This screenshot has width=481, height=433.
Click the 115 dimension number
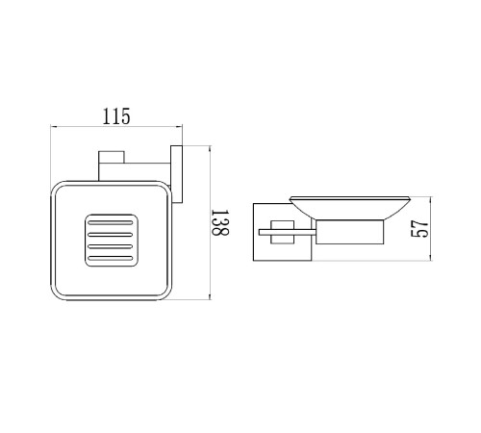click(x=116, y=116)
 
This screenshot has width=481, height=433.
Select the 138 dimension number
click(x=220, y=222)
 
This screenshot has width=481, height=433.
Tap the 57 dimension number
click(x=419, y=229)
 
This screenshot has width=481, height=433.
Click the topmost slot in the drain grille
click(x=111, y=222)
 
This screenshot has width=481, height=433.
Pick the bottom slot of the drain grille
click(x=111, y=258)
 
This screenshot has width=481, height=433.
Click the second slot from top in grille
click(x=111, y=235)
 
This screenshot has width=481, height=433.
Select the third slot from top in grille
click(x=111, y=246)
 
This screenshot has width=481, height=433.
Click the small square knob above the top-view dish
click(x=112, y=157)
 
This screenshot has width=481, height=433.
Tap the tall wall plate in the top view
click(x=176, y=174)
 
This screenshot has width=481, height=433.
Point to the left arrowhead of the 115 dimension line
click(x=53, y=127)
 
